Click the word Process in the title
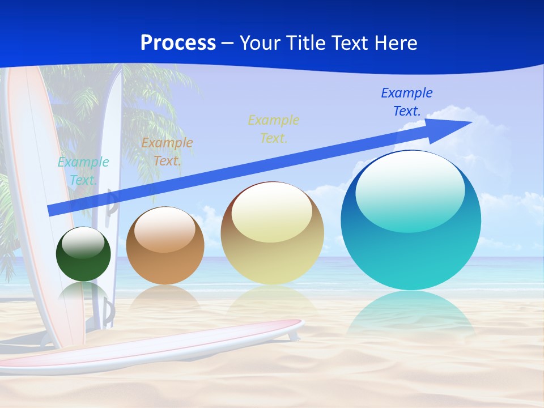[178, 43]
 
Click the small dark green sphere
[83, 266]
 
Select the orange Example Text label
[167, 152]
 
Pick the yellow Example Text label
[274, 129]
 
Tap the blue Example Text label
[407, 101]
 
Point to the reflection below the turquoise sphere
[411, 314]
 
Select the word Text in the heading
[351, 43]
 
